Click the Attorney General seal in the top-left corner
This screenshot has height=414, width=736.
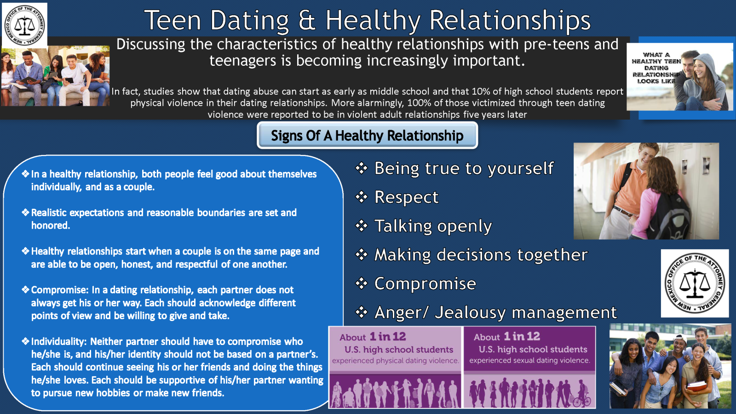(x=25, y=25)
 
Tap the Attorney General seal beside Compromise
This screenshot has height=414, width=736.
(x=695, y=283)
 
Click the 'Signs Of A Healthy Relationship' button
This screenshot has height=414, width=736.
(x=367, y=135)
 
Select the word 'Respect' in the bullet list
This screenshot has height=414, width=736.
(x=407, y=197)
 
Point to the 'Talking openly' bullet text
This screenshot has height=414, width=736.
(x=433, y=226)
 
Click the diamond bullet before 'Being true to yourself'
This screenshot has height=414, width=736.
(x=362, y=168)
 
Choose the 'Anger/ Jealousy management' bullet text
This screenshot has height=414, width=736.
(x=495, y=312)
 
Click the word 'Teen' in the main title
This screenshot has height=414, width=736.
(x=173, y=20)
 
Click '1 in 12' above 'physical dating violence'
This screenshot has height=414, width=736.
(x=388, y=336)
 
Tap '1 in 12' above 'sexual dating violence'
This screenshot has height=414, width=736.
(x=522, y=336)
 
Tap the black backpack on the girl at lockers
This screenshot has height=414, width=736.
(x=669, y=215)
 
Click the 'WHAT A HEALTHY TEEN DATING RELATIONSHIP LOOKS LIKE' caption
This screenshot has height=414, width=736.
(x=655, y=68)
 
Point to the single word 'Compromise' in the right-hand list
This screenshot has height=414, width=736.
(x=425, y=284)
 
